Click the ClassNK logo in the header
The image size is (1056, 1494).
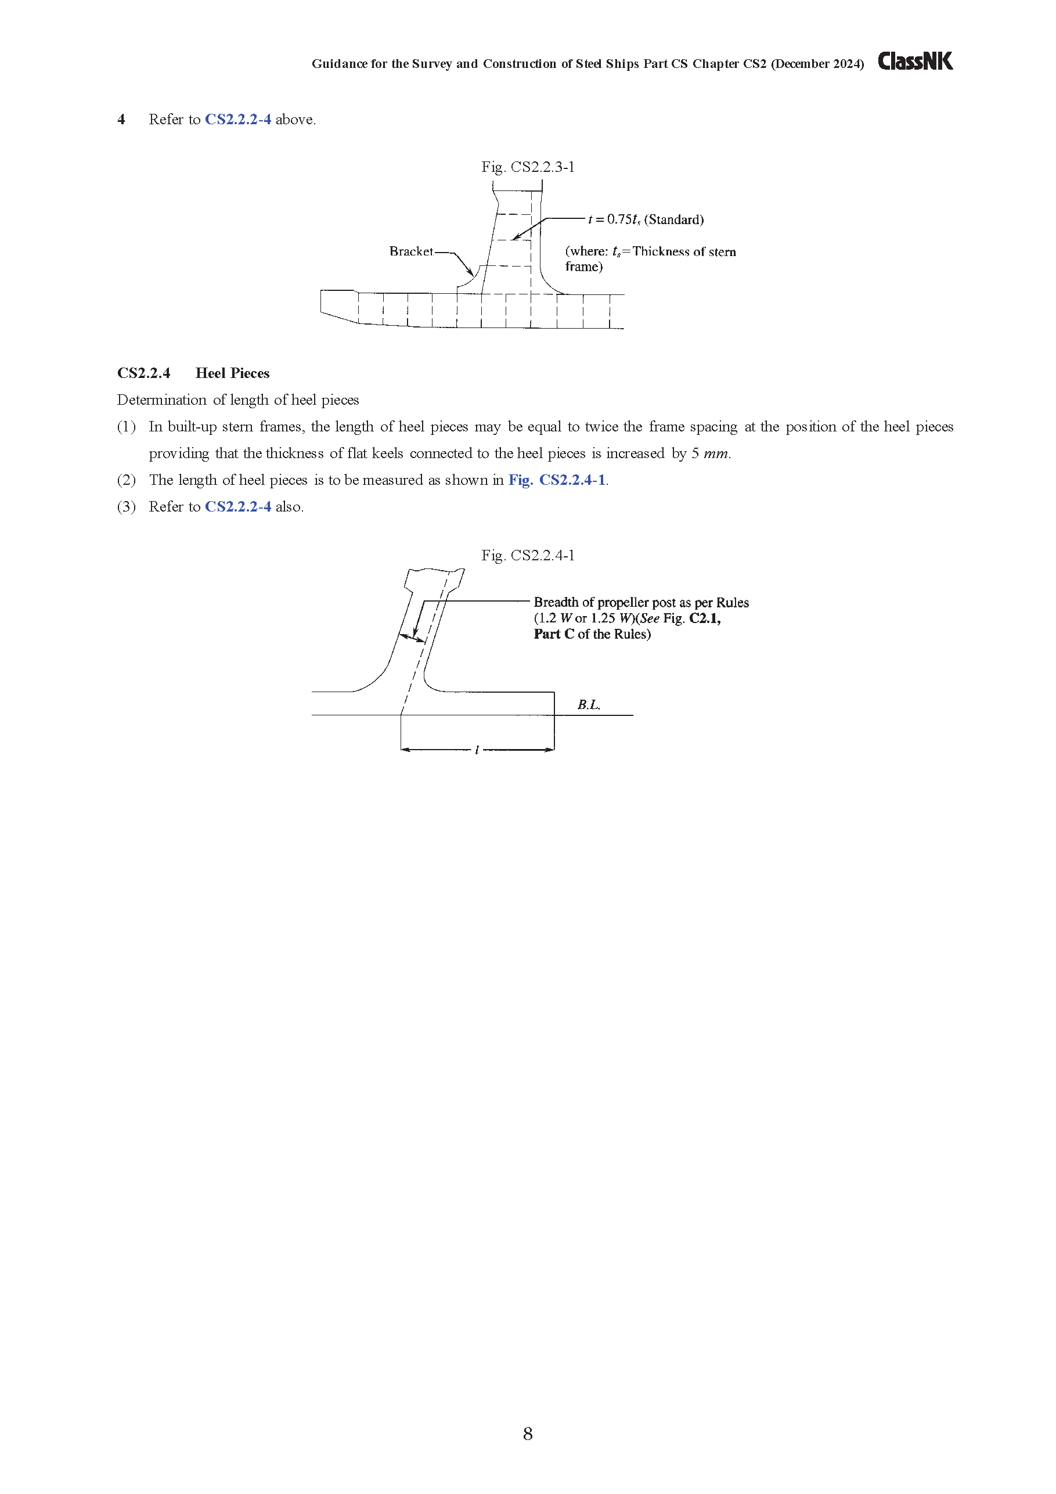pyautogui.click(x=915, y=61)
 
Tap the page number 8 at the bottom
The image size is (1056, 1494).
pyautogui.click(x=528, y=1434)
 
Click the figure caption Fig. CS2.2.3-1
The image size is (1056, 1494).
pyautogui.click(x=528, y=167)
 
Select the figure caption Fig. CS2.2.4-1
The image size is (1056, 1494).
pyautogui.click(x=528, y=556)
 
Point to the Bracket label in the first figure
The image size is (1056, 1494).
pyautogui.click(x=411, y=251)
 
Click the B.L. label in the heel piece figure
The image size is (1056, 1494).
pyautogui.click(x=589, y=705)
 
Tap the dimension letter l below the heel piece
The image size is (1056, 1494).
pyautogui.click(x=477, y=750)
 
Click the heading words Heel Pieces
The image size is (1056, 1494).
pyautogui.click(x=232, y=373)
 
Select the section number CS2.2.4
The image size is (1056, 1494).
pyautogui.click(x=144, y=373)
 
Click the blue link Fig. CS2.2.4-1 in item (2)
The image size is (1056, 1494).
pyautogui.click(x=557, y=480)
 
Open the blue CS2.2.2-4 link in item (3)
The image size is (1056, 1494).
pyautogui.click(x=238, y=507)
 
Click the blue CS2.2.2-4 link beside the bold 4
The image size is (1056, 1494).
pyautogui.click(x=238, y=120)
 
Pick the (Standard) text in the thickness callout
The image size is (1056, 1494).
pyautogui.click(x=674, y=220)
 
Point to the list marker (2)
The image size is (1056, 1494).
pyautogui.click(x=126, y=480)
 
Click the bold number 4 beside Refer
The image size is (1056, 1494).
pyautogui.click(x=121, y=120)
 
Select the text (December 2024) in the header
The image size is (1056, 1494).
pyautogui.click(x=817, y=64)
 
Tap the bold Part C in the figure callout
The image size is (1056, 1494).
pyautogui.click(x=554, y=635)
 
